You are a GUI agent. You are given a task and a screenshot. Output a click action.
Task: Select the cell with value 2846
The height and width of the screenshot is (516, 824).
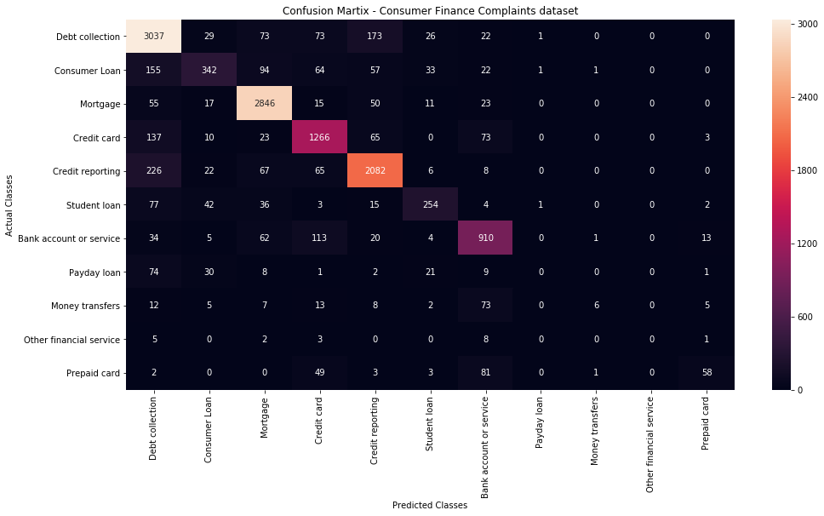point(263,104)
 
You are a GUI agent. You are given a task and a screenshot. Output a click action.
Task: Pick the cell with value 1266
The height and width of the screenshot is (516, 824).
point(318,137)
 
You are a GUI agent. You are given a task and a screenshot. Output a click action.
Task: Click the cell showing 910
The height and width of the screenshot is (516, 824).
point(484,238)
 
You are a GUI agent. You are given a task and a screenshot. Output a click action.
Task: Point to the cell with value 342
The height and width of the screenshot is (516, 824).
point(209,70)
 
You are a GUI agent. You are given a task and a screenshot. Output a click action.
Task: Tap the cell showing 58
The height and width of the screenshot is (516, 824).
point(706,373)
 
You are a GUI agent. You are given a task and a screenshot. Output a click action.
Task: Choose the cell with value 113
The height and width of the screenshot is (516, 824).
point(318,238)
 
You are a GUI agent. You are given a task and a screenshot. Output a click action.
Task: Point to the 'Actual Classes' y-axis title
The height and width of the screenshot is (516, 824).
point(9,204)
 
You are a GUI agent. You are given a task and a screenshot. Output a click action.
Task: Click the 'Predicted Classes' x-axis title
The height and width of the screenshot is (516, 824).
point(429,505)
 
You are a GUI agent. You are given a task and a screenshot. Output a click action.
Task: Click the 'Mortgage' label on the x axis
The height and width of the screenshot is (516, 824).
point(263,416)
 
